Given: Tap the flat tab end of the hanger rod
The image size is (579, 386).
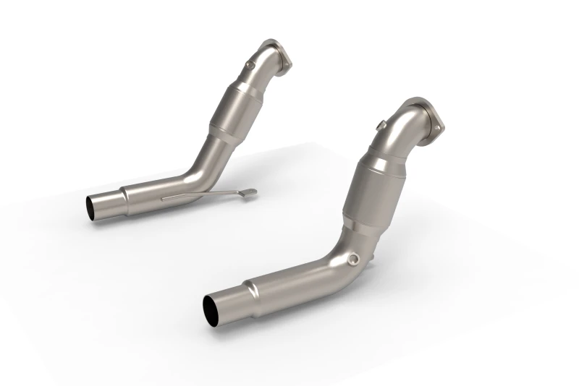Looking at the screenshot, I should click(248, 192).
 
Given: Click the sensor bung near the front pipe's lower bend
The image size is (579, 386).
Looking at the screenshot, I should click(352, 259).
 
